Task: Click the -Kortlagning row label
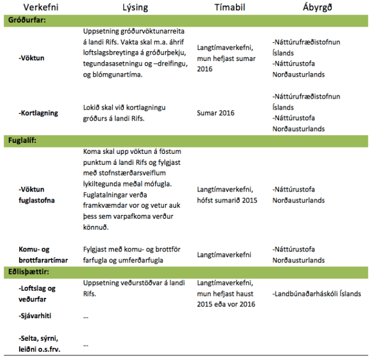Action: (38, 113)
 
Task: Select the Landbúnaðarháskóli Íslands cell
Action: (316, 294)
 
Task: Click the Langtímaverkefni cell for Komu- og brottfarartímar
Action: (224, 254)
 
